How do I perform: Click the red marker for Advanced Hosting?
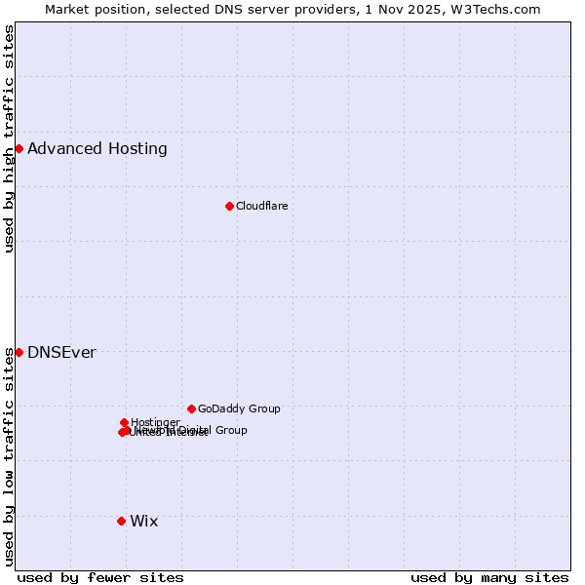[x=19, y=148]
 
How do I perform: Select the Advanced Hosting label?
[x=97, y=149]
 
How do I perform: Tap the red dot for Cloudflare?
[x=229, y=206]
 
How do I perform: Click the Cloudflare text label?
[x=261, y=206]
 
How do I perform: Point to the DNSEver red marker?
[x=19, y=352]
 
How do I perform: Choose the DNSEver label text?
[x=61, y=353]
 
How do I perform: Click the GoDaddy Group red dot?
[x=191, y=409]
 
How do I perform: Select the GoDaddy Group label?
[x=239, y=409]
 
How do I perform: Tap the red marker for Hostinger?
[x=124, y=422]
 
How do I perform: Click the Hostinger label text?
[x=155, y=422]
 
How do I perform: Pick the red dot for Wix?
[x=121, y=521]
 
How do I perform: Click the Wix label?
[x=143, y=522]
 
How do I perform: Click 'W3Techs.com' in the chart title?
[x=500, y=9]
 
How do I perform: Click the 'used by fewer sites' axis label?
[x=100, y=577]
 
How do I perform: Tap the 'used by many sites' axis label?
[x=489, y=577]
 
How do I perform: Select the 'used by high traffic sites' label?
[x=9, y=138]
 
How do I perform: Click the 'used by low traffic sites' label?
[x=9, y=456]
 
